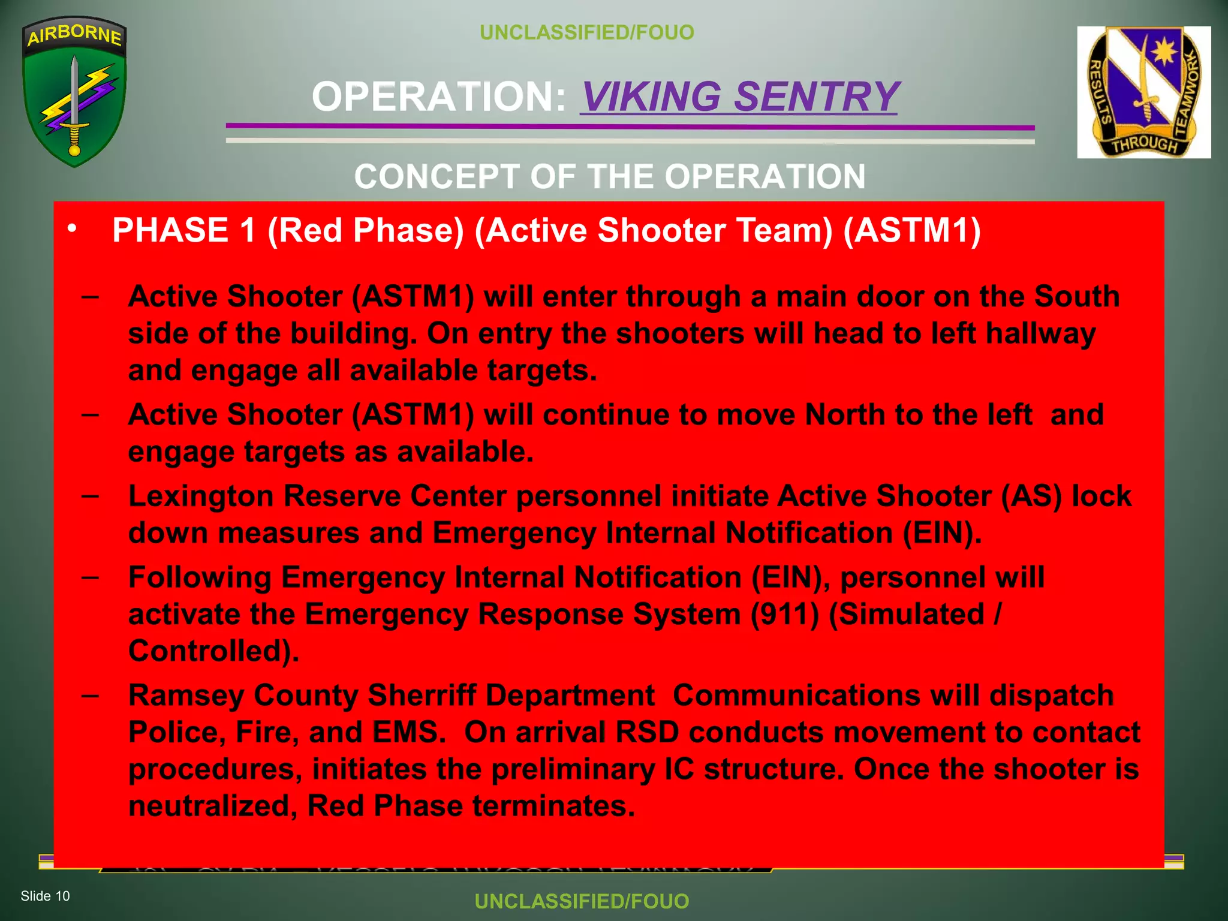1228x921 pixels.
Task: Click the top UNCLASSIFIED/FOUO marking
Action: click(587, 32)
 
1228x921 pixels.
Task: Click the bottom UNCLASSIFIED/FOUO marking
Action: click(582, 901)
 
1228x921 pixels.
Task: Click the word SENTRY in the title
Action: click(817, 97)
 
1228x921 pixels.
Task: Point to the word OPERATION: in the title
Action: click(439, 97)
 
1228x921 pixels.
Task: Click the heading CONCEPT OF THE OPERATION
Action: click(609, 176)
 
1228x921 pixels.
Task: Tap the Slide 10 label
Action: click(46, 896)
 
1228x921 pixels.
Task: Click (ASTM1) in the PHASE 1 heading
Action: click(912, 230)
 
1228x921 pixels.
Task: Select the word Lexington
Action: click(200, 496)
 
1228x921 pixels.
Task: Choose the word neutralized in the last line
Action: click(213, 806)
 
